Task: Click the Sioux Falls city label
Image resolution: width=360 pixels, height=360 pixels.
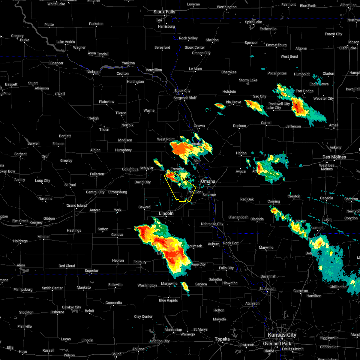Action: tap(164, 12)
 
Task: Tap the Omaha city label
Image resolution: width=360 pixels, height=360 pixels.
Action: tap(208, 181)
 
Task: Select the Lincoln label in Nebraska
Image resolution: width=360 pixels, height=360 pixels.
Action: tap(166, 213)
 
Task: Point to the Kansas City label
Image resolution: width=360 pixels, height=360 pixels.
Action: tap(282, 335)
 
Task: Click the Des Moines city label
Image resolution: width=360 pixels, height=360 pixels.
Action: tap(334, 157)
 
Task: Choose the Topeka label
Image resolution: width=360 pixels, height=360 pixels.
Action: tap(222, 339)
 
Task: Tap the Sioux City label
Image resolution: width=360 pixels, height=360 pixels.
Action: tap(182, 91)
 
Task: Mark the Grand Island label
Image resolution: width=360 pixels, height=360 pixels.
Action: tap(76, 205)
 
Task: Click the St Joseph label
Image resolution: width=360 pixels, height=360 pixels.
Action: tap(268, 289)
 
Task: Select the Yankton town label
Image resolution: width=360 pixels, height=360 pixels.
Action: tap(128, 63)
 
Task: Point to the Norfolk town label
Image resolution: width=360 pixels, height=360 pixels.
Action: tap(127, 125)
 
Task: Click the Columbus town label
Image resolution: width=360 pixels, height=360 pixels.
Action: tap(130, 169)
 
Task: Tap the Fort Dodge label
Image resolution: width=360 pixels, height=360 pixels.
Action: tap(304, 91)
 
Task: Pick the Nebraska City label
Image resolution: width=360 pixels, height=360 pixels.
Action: tap(212, 224)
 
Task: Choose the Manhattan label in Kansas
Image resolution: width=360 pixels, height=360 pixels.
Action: tap(173, 330)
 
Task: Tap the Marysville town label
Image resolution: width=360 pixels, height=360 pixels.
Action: tap(169, 283)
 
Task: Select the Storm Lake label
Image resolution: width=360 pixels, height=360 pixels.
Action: tap(248, 80)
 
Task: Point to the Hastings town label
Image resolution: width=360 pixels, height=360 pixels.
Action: tap(74, 230)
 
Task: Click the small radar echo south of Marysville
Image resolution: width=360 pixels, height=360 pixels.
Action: tap(185, 287)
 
